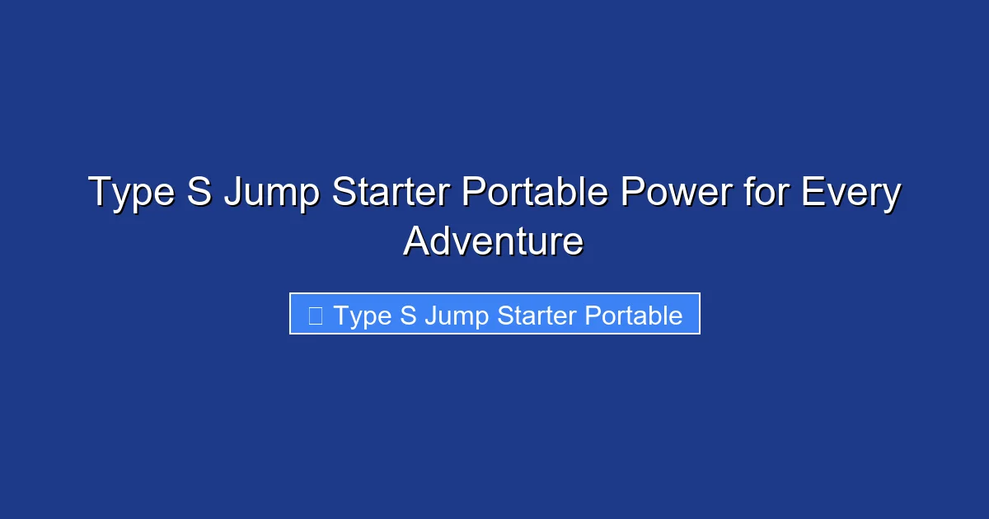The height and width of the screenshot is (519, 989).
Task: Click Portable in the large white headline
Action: point(534,194)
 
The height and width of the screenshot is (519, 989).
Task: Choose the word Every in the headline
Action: point(849,194)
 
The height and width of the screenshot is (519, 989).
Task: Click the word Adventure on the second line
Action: point(494,241)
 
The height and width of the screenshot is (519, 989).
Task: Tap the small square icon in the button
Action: point(315,315)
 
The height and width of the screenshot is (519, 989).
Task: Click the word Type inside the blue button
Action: point(363,316)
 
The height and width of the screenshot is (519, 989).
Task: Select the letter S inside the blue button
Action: point(408,316)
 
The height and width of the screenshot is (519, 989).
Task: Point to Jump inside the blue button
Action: point(452,316)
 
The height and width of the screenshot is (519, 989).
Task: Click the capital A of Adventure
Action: point(416,241)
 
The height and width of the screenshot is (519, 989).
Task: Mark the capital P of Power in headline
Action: point(632,194)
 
